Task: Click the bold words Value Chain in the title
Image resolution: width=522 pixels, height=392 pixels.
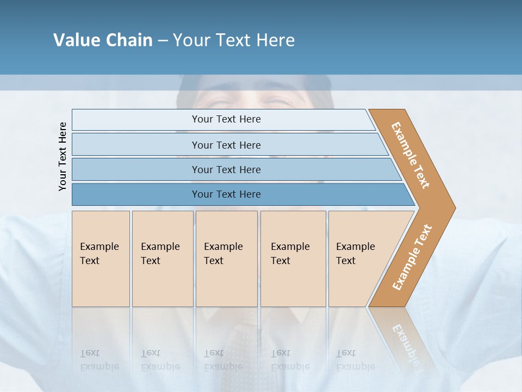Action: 103,40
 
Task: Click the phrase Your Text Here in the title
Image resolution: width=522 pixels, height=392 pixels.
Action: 234,40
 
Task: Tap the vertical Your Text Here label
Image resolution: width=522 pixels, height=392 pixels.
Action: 63,156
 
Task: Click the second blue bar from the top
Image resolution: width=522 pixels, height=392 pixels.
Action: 136,145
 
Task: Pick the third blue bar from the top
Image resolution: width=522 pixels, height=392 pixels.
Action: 136,169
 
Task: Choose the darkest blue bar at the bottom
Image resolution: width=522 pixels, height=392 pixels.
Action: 136,194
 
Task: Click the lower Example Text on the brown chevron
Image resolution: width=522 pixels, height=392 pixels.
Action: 412,257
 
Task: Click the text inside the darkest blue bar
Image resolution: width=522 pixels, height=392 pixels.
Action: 226,194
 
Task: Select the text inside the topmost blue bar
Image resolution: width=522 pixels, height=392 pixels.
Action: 226,119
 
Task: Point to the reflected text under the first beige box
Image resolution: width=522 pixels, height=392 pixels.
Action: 99,360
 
